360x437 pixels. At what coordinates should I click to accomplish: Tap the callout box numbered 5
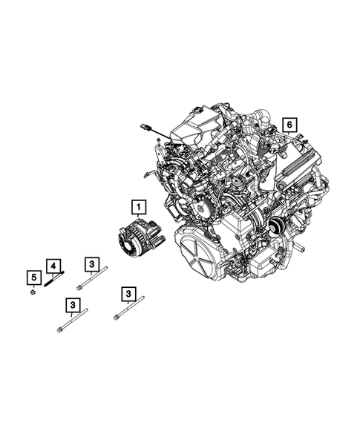33,278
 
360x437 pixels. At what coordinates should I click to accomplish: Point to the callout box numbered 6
289,124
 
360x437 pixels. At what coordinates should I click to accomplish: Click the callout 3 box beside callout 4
91,264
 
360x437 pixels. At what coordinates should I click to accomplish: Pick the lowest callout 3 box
72,305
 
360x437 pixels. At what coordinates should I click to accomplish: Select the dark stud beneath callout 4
55,280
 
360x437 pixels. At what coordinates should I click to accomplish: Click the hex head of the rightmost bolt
117,318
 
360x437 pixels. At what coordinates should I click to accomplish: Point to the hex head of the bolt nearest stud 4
79,287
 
